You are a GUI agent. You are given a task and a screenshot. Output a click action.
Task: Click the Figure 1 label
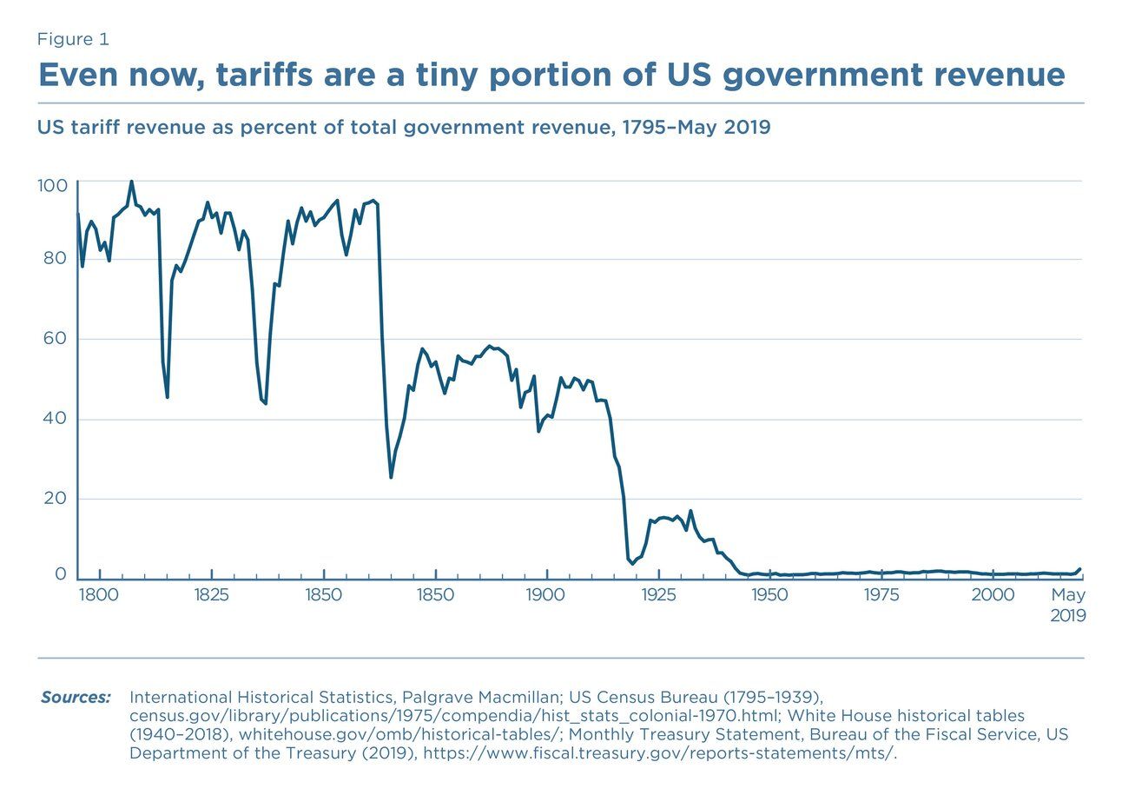(73, 39)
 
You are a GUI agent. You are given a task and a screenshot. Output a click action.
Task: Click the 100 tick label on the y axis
(51, 186)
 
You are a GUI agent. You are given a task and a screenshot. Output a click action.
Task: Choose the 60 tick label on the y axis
(56, 338)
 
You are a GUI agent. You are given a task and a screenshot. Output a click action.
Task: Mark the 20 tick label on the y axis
(56, 499)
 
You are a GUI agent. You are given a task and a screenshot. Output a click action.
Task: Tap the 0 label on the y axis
(60, 574)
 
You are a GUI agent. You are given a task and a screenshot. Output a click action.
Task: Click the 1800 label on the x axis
(100, 595)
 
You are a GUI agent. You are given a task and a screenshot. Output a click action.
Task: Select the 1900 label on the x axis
(546, 595)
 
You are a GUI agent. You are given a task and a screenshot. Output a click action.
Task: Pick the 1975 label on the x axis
(881, 595)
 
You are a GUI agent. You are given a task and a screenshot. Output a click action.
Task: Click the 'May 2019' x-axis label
(1068, 605)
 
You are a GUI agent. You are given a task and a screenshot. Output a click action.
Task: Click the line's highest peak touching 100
(131, 182)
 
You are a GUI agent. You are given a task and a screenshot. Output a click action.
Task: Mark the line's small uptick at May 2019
(1079, 569)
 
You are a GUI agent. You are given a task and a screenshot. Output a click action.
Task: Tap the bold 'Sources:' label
(76, 698)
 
